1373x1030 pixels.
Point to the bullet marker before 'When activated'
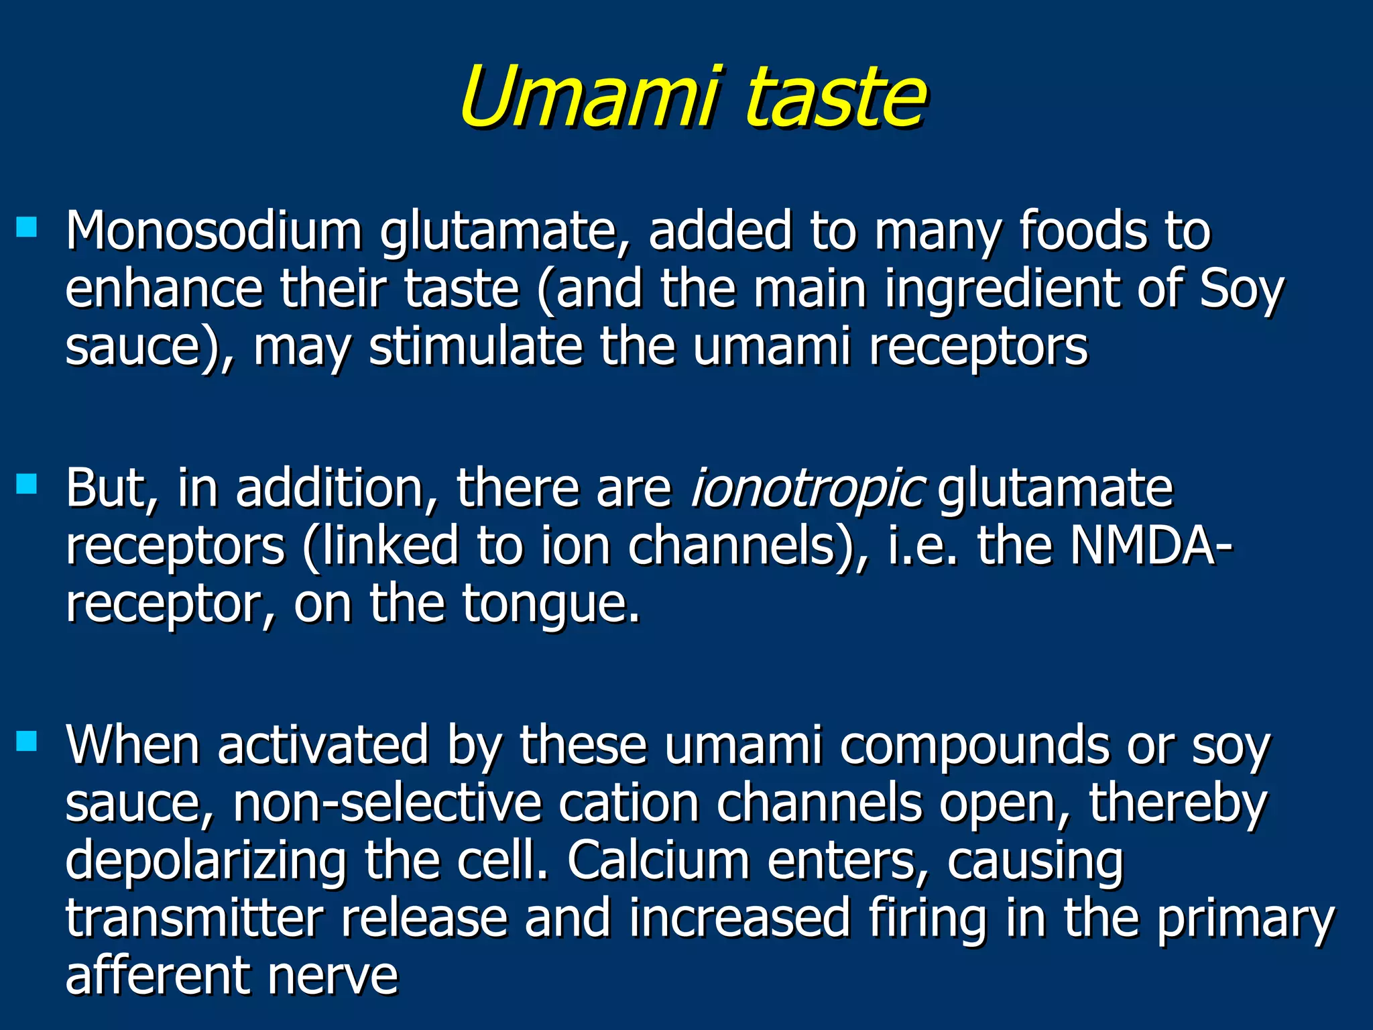pyautogui.click(x=27, y=740)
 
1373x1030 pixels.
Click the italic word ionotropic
pyautogui.click(x=808, y=489)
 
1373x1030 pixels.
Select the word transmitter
pyautogui.click(x=194, y=918)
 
